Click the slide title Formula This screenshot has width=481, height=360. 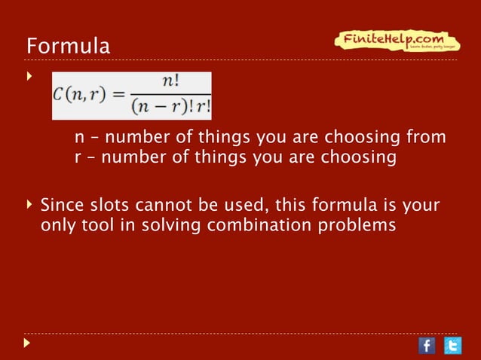(x=68, y=46)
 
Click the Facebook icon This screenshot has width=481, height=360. (x=426, y=345)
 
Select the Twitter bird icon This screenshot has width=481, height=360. (x=452, y=345)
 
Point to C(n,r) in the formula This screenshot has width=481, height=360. (x=76, y=97)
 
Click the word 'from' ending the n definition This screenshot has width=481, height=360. (x=427, y=139)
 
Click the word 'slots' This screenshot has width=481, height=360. (x=101, y=205)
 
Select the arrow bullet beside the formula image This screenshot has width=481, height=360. (x=29, y=77)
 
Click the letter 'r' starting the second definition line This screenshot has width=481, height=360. (x=77, y=158)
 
